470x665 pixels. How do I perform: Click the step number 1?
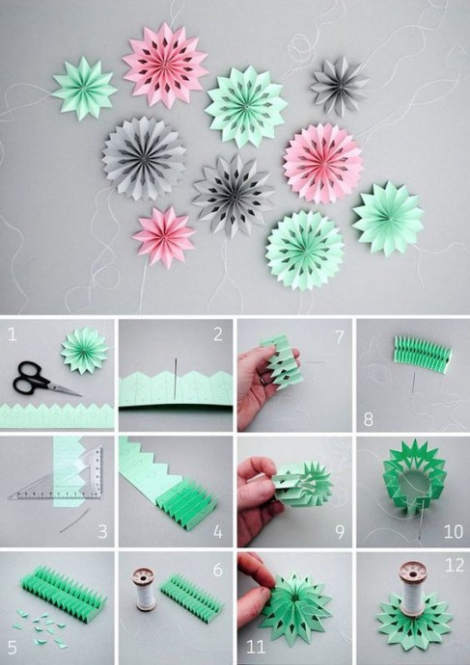12,335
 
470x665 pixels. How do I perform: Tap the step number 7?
340,337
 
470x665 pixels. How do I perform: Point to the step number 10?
453,531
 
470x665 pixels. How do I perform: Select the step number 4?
218,532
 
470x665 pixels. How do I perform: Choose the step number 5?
12,648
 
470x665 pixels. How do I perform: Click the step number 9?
340,532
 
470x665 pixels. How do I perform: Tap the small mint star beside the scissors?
84,350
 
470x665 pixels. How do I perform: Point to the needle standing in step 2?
176,379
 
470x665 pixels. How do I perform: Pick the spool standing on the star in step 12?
413,589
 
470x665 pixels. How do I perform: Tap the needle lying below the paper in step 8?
413,383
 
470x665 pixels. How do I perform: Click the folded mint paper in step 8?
423,354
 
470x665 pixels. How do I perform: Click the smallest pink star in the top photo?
164,237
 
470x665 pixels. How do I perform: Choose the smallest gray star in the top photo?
339,86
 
